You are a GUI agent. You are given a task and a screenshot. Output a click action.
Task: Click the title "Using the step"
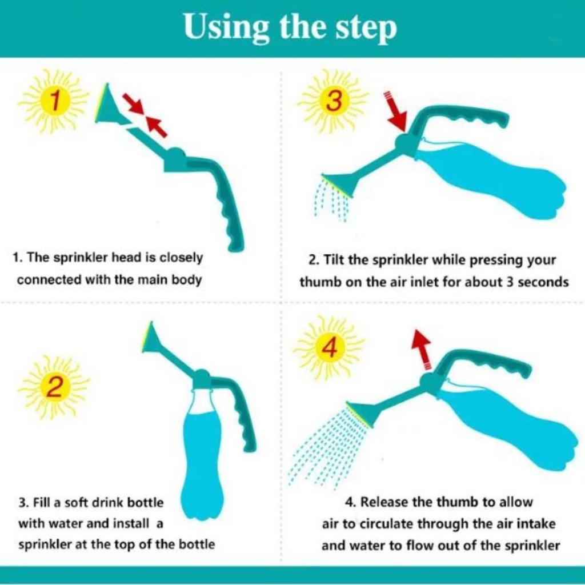(x=290, y=28)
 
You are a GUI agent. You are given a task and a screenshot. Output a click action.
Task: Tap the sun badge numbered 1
(x=54, y=102)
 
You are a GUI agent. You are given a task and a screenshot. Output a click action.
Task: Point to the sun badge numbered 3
(x=333, y=102)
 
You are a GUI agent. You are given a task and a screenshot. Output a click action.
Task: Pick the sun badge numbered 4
(x=328, y=348)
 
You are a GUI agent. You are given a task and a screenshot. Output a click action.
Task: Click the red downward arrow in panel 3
(x=396, y=111)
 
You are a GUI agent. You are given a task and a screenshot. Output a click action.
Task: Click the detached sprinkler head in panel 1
(x=110, y=106)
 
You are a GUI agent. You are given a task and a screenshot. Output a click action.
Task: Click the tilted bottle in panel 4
(x=503, y=426)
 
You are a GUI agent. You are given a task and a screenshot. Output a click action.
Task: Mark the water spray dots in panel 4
(x=326, y=446)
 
